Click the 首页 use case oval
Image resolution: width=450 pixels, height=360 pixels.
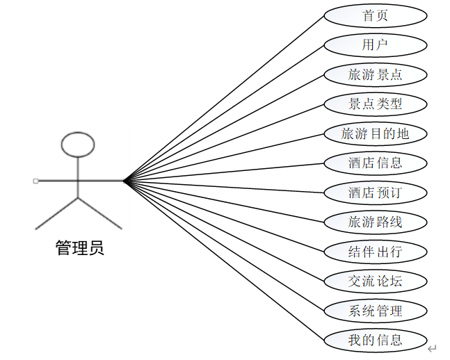[x=376, y=15]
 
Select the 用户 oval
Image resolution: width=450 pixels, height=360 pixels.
[x=376, y=45]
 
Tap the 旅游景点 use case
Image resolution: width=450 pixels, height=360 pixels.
[x=376, y=74]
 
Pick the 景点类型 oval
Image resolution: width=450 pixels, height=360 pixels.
[x=376, y=104]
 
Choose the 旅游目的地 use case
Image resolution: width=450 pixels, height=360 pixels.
[x=376, y=133]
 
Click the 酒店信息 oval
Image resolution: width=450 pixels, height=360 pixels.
[x=376, y=163]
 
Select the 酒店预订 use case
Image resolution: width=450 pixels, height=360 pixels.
[x=376, y=193]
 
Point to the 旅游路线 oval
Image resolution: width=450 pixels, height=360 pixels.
[x=376, y=222]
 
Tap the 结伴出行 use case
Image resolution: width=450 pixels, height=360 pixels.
[x=376, y=252]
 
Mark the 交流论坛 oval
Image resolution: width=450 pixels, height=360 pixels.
[x=376, y=281]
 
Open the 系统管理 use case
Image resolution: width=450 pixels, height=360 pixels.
[x=376, y=311]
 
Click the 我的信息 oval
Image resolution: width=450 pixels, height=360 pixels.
[x=376, y=340]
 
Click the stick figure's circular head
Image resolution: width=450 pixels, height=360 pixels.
[x=77, y=144]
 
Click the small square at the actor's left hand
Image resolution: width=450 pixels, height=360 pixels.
[x=35, y=181]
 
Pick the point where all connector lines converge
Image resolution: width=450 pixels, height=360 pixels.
[x=124, y=181]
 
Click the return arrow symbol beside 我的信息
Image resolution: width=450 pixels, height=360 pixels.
[x=432, y=347]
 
